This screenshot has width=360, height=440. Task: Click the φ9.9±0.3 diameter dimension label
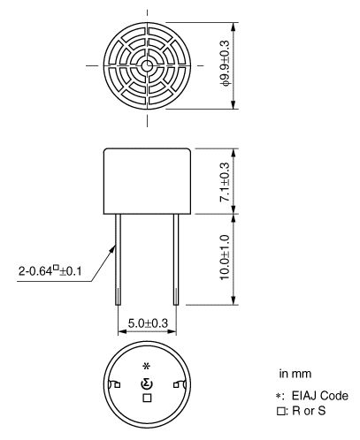(x=225, y=63)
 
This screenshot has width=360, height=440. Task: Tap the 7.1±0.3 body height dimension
(x=225, y=182)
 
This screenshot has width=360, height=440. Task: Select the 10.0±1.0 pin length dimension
(x=225, y=257)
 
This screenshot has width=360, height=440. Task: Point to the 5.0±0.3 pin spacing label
(x=148, y=323)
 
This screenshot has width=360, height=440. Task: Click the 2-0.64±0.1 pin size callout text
(x=50, y=270)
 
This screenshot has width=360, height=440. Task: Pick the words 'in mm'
(x=295, y=374)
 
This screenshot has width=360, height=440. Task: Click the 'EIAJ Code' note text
(x=320, y=396)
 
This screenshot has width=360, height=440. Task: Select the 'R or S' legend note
(x=309, y=411)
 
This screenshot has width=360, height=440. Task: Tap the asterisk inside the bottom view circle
(x=147, y=367)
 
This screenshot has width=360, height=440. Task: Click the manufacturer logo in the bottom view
(x=147, y=384)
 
